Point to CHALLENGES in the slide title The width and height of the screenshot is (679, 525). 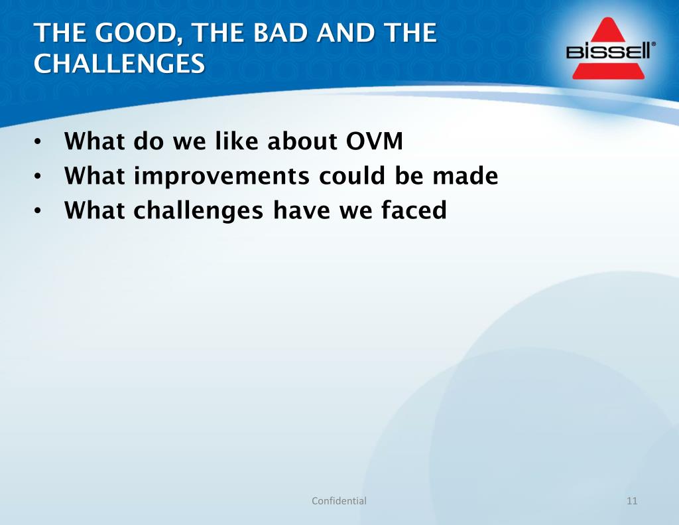pos(119,64)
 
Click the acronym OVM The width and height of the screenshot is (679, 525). pos(375,141)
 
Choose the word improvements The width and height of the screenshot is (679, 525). pos(221,177)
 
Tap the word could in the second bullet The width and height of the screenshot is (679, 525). pos(351,175)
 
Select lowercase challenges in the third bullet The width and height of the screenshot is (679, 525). pos(198,211)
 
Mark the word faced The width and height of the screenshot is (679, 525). pos(414,210)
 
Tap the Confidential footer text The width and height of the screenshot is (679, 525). pos(339,500)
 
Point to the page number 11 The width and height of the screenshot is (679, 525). pos(632,500)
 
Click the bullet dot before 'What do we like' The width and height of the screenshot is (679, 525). pos(38,142)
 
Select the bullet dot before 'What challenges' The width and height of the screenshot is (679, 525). pos(38,211)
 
